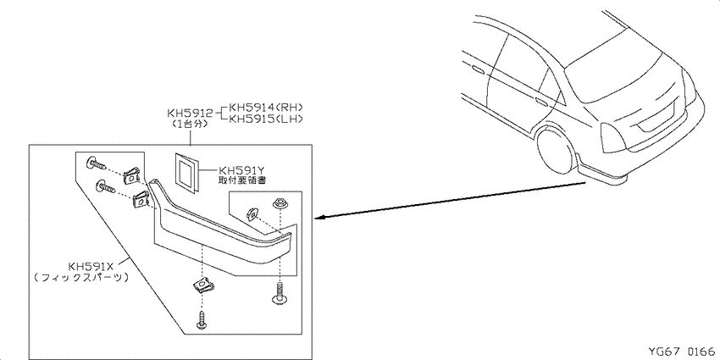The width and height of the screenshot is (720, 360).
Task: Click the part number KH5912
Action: click(x=190, y=113)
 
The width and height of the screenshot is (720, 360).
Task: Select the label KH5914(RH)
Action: click(x=266, y=108)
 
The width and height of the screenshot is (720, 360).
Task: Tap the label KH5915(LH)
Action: click(x=266, y=119)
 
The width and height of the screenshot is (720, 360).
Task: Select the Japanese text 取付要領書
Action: click(x=242, y=180)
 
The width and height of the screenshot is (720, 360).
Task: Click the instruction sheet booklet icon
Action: click(x=186, y=170)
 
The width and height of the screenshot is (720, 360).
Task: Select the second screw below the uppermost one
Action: click(x=105, y=188)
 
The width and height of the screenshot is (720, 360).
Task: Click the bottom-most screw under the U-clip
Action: click(x=202, y=319)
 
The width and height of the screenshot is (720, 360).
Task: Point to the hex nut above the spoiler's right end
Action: click(x=279, y=203)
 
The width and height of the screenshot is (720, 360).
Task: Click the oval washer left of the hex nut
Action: click(x=252, y=213)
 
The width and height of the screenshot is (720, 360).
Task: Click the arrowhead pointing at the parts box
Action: click(x=320, y=217)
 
